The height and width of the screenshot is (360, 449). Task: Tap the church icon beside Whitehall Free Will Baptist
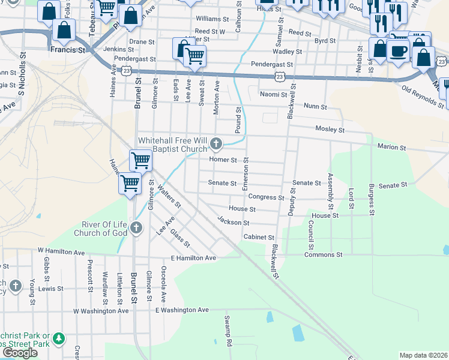tap(217, 143)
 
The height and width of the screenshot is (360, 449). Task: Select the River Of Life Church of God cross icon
tap(136, 228)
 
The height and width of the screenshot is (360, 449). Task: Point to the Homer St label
tap(223, 160)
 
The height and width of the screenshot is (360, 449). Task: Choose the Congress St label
tap(266, 197)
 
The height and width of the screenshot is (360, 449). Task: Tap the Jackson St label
tap(234, 222)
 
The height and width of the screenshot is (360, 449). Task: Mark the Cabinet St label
tap(259, 238)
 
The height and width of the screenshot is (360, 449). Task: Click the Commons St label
tap(323, 255)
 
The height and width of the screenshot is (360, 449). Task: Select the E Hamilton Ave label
tap(193, 258)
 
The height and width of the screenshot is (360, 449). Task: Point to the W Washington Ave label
tap(101, 311)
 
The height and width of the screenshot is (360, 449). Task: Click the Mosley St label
tap(330, 130)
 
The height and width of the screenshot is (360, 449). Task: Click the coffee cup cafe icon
tap(398, 50)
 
